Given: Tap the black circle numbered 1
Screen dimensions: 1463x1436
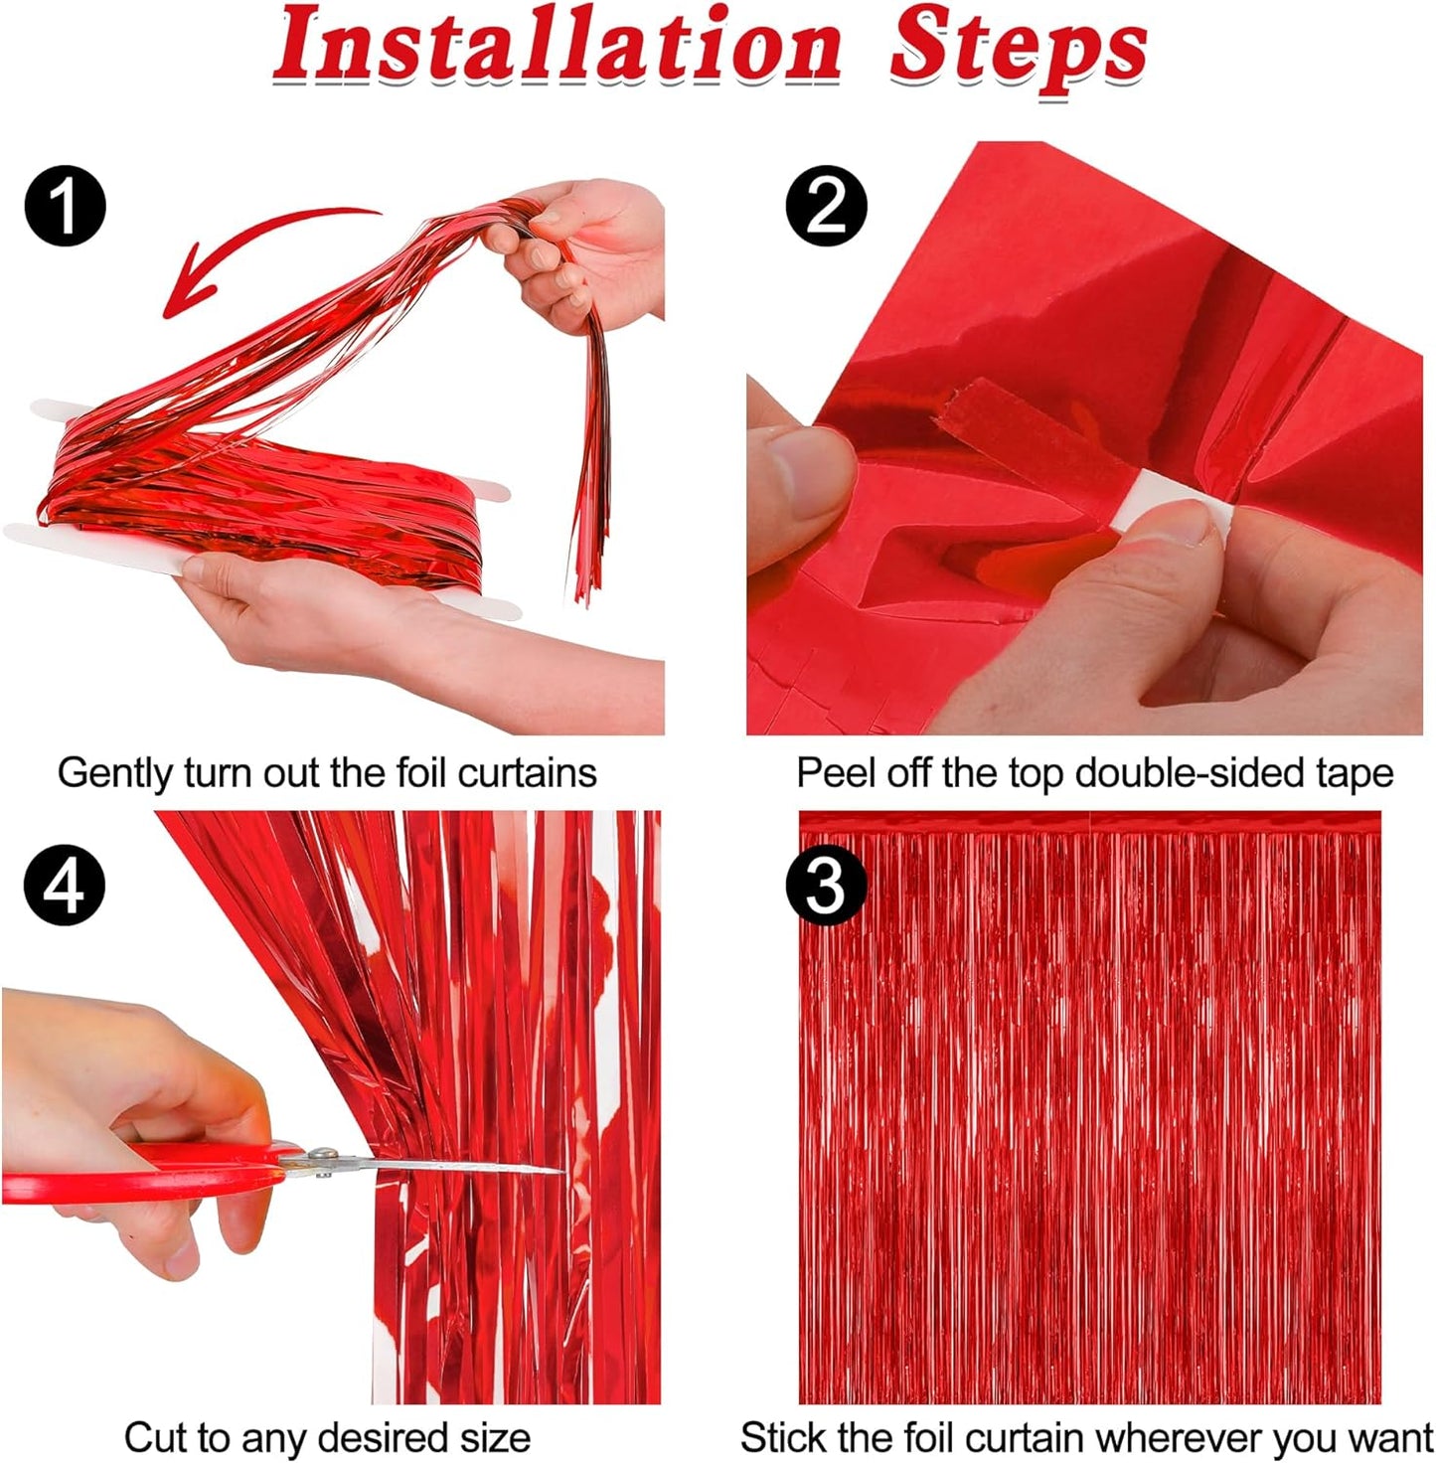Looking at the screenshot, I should tap(65, 207).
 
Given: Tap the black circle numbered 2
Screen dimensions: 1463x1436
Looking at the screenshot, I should tap(826, 207).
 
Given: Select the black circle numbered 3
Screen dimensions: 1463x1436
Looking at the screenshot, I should tap(826, 885).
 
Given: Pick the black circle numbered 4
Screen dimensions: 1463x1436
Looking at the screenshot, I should tap(65, 885).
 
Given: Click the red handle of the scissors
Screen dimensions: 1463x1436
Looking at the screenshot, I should tap(149, 1173).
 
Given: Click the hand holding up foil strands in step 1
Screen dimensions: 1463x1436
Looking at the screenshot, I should tap(586, 248).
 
